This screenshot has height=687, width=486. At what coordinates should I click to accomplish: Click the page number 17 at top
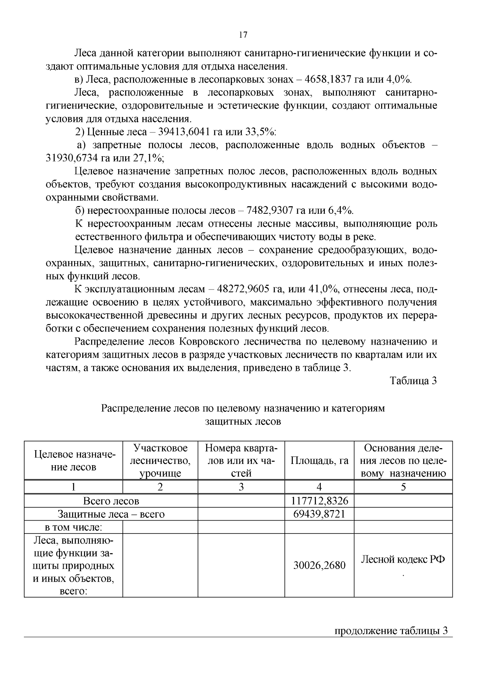(x=243, y=35)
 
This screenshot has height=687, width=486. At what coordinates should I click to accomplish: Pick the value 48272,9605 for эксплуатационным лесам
(x=244, y=289)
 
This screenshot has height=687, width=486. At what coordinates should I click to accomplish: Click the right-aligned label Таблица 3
(x=413, y=381)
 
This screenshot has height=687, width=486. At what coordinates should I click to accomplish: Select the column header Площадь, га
(x=319, y=461)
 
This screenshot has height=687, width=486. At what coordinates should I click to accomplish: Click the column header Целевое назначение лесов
(x=74, y=461)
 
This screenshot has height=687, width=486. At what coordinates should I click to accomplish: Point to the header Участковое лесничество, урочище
(x=160, y=461)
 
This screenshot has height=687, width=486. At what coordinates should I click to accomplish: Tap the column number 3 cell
(x=241, y=487)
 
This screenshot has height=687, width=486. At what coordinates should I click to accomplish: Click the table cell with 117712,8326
(x=319, y=501)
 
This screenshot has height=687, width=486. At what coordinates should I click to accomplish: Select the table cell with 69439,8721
(x=319, y=515)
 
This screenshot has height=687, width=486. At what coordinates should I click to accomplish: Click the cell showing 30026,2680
(x=319, y=566)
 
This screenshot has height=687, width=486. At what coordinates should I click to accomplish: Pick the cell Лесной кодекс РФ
(x=403, y=559)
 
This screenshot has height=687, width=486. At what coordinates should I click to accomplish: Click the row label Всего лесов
(x=111, y=501)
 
